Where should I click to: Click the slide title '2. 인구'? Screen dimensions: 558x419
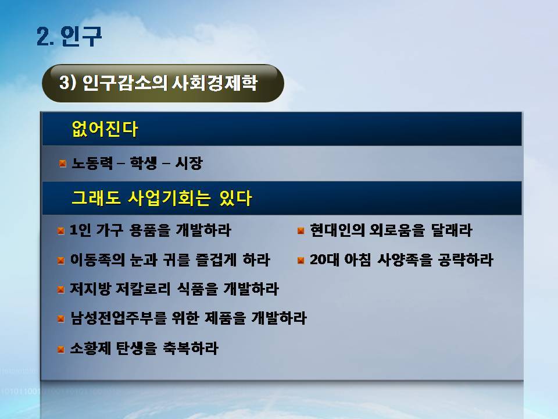click(x=69, y=36)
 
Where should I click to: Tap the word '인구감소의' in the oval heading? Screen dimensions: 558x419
click(x=124, y=83)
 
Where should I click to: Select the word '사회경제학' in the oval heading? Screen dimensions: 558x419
click(x=214, y=83)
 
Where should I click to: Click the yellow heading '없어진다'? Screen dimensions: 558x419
click(x=105, y=129)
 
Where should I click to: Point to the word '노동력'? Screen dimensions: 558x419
click(x=92, y=163)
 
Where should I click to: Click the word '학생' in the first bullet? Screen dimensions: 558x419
click(x=143, y=163)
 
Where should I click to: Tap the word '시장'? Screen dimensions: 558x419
click(x=189, y=163)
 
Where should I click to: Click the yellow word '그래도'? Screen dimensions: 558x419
click(x=96, y=198)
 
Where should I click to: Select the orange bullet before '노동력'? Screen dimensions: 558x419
click(x=63, y=164)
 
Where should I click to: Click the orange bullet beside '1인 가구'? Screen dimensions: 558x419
click(x=61, y=231)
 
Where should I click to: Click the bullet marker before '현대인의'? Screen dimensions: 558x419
click(x=301, y=231)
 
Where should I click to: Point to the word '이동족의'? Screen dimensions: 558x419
click(x=97, y=260)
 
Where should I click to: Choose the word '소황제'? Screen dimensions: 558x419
click(x=91, y=348)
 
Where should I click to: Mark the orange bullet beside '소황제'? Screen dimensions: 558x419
click(x=61, y=349)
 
